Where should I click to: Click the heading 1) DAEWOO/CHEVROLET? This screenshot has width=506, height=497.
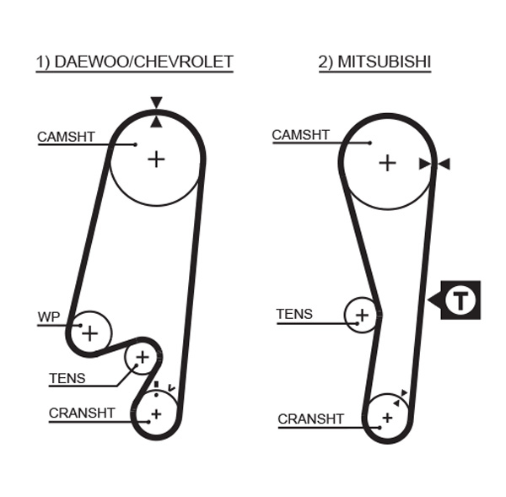(134, 62)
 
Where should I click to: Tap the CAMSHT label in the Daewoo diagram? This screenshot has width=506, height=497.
(66, 137)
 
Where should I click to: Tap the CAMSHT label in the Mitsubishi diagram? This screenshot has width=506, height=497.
(300, 135)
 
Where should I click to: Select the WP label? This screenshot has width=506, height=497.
(49, 317)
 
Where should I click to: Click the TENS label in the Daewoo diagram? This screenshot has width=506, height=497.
(67, 378)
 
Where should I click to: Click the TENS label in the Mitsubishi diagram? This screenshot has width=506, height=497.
(294, 314)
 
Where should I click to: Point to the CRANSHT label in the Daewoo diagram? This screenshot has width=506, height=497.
(82, 413)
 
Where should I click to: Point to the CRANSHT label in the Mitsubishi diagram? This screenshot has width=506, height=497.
(311, 419)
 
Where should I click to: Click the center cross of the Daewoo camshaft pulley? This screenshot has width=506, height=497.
(156, 158)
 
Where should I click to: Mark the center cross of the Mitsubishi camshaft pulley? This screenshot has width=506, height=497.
(387, 162)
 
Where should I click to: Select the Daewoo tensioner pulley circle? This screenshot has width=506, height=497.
(142, 359)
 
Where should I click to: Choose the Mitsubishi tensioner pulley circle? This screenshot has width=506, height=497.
(362, 316)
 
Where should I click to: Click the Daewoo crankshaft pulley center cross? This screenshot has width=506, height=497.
(156, 413)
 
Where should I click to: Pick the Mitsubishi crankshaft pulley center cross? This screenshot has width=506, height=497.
(387, 417)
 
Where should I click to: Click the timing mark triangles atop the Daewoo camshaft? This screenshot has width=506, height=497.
(156, 112)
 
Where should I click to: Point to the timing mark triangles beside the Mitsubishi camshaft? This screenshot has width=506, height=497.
(434, 164)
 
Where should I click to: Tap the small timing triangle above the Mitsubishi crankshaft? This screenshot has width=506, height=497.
(406, 393)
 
